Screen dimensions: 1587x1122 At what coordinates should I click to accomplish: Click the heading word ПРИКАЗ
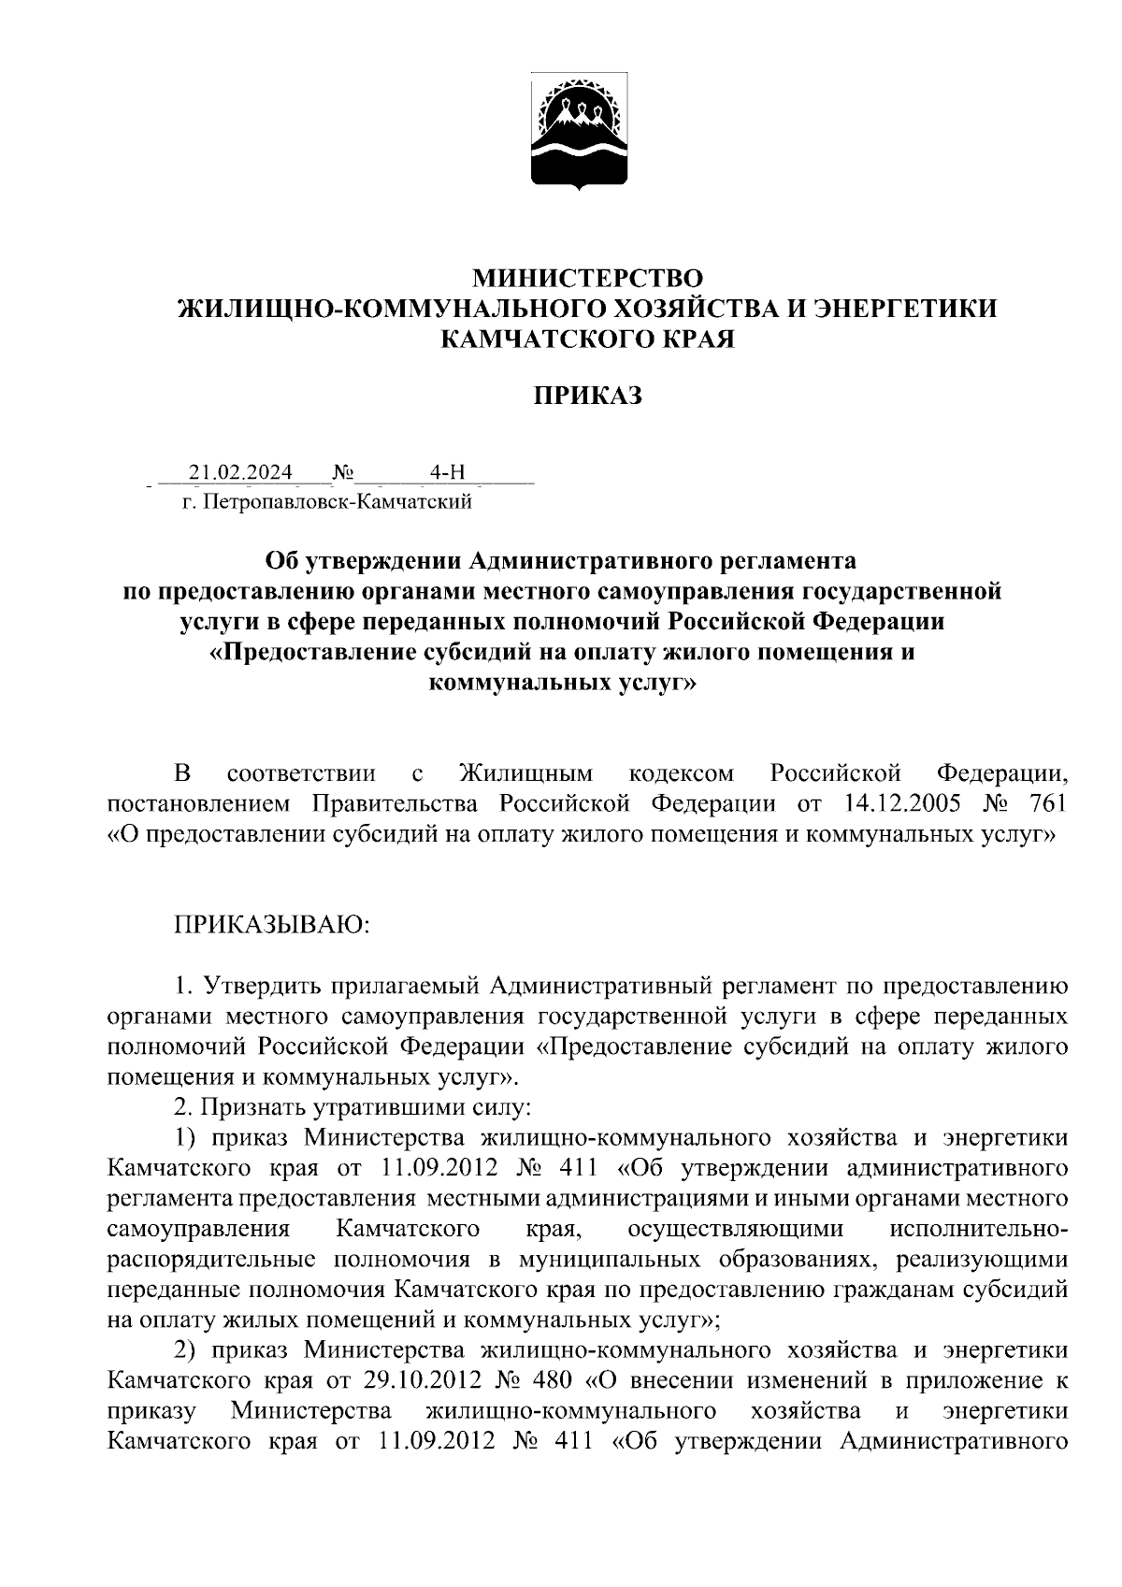588,397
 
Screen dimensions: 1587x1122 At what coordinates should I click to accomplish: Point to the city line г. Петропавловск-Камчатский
326,503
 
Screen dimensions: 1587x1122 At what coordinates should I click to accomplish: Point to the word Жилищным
526,773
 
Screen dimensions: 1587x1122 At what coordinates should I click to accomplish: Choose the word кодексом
682,773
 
